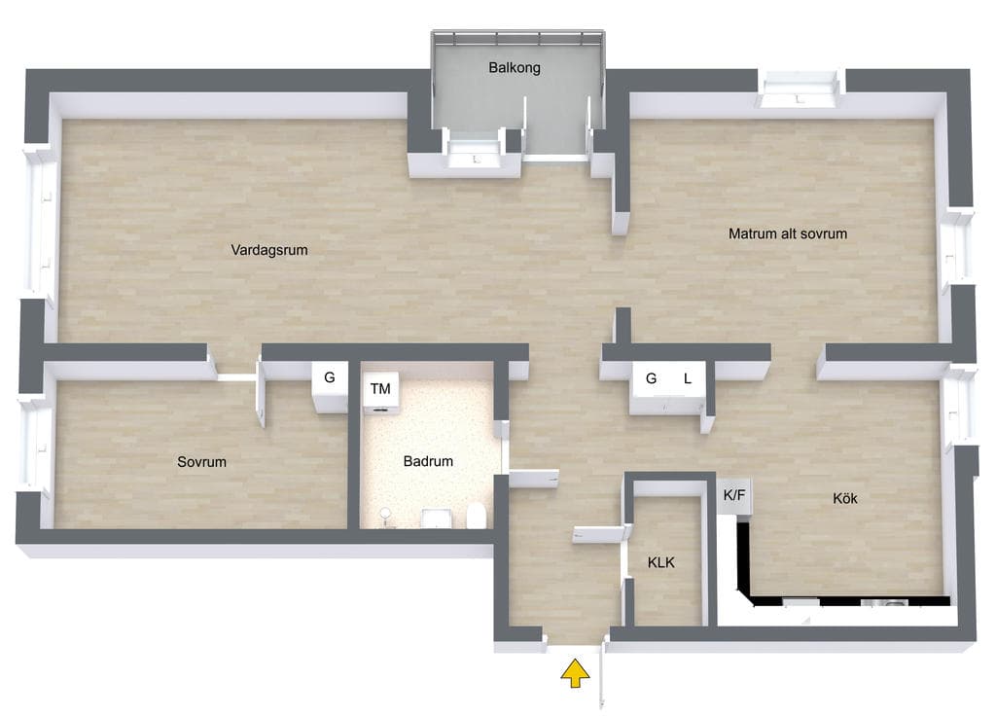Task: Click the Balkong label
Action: [514, 67]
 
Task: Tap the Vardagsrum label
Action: [269, 250]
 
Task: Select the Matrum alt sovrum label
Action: [788, 233]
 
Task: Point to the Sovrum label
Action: [201, 462]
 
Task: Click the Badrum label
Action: [428, 461]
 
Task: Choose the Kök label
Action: [845, 498]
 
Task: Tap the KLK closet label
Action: [661, 562]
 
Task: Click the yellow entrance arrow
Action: [575, 673]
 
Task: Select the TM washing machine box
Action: [380, 392]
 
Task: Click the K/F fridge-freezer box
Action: [735, 495]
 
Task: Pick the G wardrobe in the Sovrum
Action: [329, 385]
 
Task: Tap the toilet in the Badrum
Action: [477, 516]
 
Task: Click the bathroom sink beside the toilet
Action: [436, 518]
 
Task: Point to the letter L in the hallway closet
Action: [688, 378]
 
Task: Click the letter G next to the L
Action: [651, 378]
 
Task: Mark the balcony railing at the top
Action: [517, 38]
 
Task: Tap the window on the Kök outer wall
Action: [958, 406]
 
